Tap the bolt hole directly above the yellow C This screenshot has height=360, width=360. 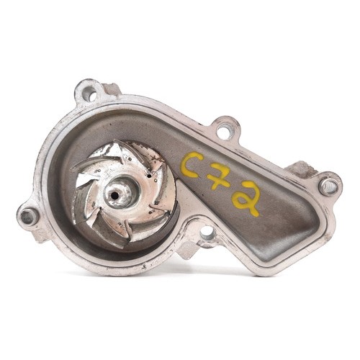(x=225, y=132)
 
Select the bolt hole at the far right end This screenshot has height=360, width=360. (x=328, y=186)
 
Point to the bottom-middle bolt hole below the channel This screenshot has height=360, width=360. (x=208, y=233)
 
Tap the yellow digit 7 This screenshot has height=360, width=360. (x=220, y=178)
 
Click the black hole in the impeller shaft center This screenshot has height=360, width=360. (x=114, y=196)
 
